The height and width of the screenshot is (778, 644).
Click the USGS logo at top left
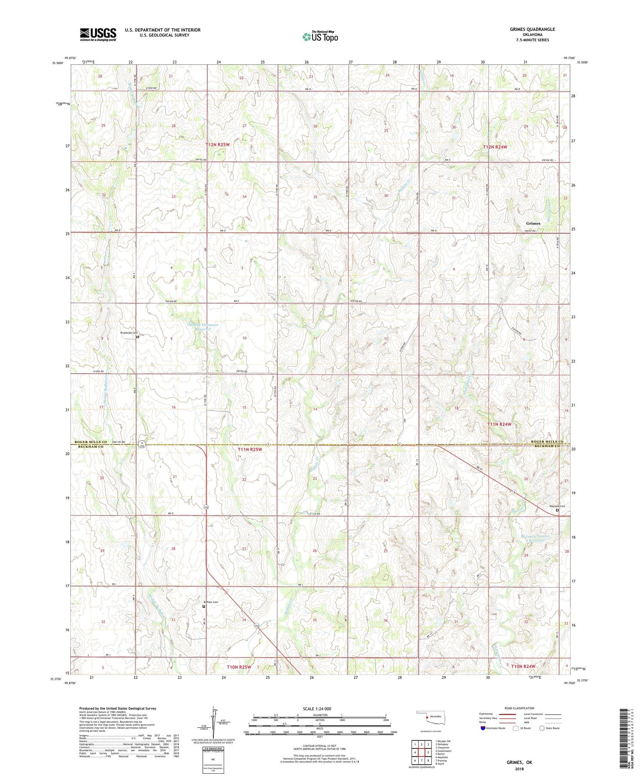pos(98,34)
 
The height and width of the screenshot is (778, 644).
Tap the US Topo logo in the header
pos(320,37)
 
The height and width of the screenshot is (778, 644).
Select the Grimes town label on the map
pos(533,224)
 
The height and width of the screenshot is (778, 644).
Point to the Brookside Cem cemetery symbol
pos(138,337)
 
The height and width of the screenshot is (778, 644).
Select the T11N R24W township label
pos(499,424)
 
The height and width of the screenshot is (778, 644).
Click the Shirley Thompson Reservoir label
pos(204,327)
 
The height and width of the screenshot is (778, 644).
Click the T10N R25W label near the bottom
pos(239,667)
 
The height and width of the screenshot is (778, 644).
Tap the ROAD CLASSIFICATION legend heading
pos(519,708)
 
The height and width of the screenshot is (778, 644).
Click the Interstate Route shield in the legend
pos(483,728)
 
